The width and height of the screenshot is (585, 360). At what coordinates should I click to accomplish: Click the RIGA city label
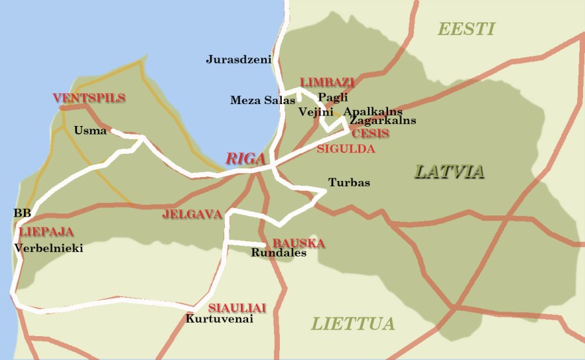click(x=245, y=158)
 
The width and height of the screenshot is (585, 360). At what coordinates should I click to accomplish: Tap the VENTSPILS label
click(x=89, y=98)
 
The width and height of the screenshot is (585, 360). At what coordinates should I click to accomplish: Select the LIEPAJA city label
click(x=46, y=232)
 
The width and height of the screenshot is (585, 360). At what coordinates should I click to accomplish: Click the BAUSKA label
click(x=298, y=243)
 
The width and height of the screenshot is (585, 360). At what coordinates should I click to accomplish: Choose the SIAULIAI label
click(x=237, y=308)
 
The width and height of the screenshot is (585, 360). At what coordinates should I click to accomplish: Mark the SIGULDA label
click(x=346, y=149)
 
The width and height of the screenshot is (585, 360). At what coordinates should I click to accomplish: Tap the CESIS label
click(x=371, y=133)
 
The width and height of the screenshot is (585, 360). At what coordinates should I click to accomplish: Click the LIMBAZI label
click(x=327, y=82)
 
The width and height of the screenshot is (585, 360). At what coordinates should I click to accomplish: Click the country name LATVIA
click(x=449, y=172)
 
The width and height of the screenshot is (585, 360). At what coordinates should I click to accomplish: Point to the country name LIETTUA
click(x=353, y=324)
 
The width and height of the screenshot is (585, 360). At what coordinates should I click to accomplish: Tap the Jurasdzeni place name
click(x=239, y=59)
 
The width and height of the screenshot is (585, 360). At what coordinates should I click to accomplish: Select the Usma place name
click(x=90, y=131)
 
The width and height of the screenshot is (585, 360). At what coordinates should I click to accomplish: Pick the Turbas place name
click(x=349, y=183)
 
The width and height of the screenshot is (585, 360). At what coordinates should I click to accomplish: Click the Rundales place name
click(x=279, y=253)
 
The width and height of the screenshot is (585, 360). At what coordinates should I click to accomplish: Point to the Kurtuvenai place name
click(x=220, y=319)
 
